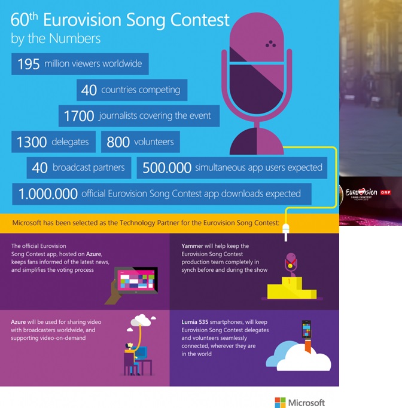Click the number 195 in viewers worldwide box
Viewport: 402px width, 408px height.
pos(28,64)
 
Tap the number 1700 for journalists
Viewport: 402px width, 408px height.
pos(79,116)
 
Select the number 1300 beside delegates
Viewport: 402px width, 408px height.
pos(32,142)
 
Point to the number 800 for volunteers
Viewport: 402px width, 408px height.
pos(118,142)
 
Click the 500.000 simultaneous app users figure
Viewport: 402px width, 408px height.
pos(167,168)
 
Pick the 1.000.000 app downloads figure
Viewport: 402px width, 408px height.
pos(48,194)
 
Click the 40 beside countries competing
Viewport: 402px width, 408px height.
pos(89,90)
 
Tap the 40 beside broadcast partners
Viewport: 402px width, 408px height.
pos(39,168)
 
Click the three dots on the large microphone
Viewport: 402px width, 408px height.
pos(271,44)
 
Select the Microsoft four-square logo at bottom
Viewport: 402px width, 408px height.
pos(280,403)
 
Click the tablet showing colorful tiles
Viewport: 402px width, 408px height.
pos(136,280)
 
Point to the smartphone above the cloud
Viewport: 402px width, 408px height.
pos(306,329)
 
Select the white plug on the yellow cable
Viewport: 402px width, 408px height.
pos(286,232)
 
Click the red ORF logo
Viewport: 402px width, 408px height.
pos(386,192)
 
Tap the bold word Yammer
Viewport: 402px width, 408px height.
pos(192,246)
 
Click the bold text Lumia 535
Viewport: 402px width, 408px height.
pos(195,322)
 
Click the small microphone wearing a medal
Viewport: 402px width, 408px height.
pos(291,265)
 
